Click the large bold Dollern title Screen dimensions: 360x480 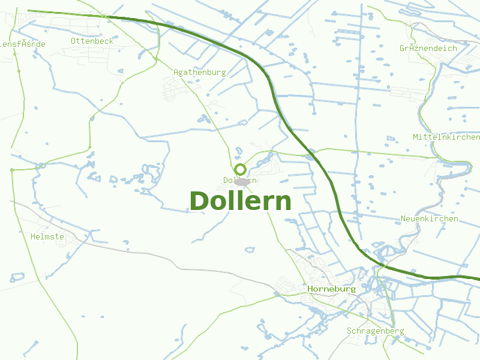(240, 202)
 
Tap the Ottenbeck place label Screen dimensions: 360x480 (92, 41)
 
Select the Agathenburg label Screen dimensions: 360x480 (199, 73)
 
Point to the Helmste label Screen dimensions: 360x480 (47, 237)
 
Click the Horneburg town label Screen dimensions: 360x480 (331, 289)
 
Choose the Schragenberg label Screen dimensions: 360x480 (375, 331)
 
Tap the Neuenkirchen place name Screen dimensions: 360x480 (429, 219)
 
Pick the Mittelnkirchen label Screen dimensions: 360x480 (446, 137)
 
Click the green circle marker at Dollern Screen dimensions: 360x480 (240, 169)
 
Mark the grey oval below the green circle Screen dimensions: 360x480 (241, 181)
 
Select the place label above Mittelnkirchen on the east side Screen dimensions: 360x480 (428, 49)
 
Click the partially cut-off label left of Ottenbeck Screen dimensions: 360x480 (22, 44)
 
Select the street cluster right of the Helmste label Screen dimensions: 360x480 (76, 238)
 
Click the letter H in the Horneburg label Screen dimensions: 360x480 (310, 289)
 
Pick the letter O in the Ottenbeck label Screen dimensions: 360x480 (73, 41)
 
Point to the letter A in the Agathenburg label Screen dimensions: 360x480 (176, 73)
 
